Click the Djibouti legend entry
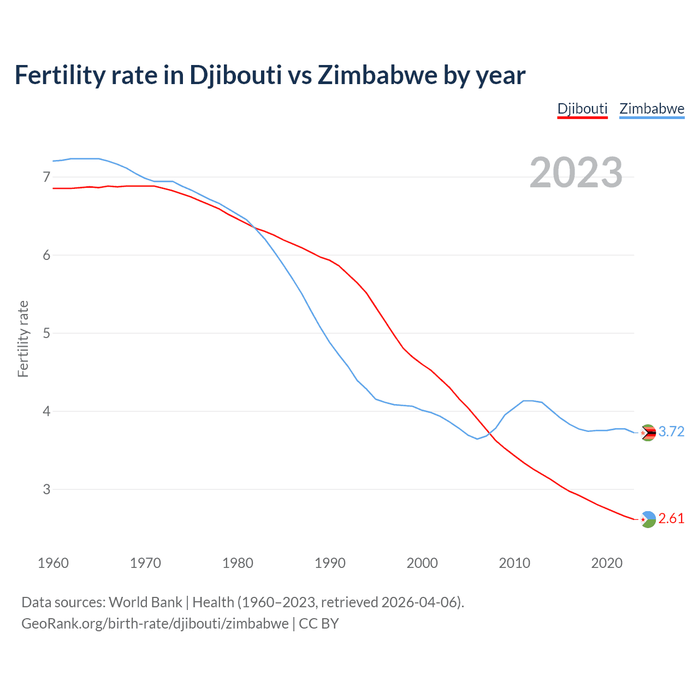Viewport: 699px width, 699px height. pos(582,109)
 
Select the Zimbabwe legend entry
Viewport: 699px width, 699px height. pos(651,109)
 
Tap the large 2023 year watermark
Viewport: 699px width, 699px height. pos(576,173)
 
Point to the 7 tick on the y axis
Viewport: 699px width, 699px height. pos(46,177)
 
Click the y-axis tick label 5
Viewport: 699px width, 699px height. pos(46,333)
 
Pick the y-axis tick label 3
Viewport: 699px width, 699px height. pos(46,489)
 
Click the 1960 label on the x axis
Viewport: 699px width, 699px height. pos(53,563)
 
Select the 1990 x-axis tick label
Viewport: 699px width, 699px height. pos(330,563)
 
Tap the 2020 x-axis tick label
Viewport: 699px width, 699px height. pos(607,563)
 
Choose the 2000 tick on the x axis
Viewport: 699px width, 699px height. pos(422,563)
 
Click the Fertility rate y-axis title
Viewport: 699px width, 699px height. pos(23,339)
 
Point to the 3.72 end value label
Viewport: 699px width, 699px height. pos(671,432)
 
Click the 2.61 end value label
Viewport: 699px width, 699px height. pos(671,519)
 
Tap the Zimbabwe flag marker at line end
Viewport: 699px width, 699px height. pos(648,433)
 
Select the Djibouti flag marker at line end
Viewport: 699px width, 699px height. pos(648,519)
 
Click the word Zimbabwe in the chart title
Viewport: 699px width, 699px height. pos(377,75)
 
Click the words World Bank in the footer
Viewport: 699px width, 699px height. pos(145,602)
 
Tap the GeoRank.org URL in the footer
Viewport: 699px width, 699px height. pos(155,624)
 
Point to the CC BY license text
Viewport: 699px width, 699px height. pos(318,624)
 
